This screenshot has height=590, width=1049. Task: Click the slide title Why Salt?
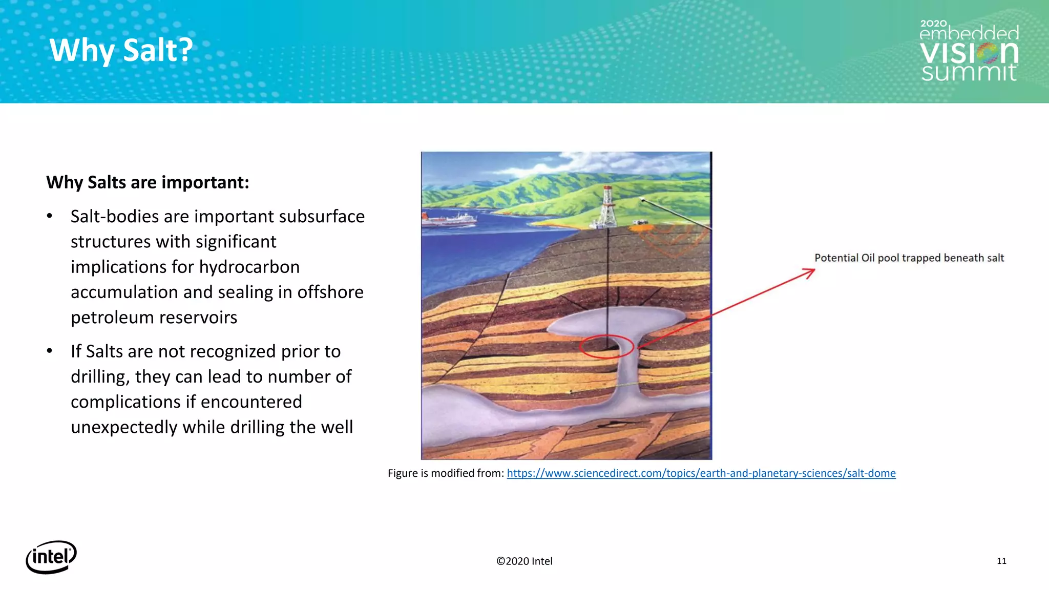click(121, 50)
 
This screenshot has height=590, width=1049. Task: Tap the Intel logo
click(51, 557)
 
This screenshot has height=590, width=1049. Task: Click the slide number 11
click(1001, 561)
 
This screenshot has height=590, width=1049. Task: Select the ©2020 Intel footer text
click(524, 561)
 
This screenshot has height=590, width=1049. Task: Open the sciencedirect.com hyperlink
click(701, 473)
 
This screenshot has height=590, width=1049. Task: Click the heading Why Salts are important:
click(148, 182)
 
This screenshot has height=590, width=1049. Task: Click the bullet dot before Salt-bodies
click(50, 216)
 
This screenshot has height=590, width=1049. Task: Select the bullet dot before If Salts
click(50, 351)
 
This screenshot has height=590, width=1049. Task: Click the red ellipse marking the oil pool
click(606, 346)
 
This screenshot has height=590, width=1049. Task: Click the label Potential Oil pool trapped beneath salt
click(909, 258)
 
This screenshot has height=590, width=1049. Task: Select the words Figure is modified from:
click(446, 473)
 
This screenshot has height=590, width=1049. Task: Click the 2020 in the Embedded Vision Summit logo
click(933, 24)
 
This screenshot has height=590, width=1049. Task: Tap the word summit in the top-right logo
click(969, 72)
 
